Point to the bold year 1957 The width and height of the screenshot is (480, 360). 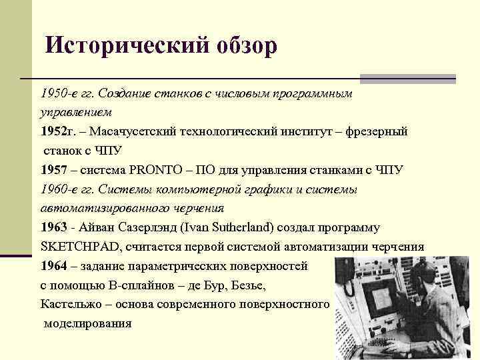pos(53,170)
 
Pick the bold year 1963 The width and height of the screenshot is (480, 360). pos(53,227)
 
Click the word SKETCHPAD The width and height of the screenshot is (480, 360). pos(79,247)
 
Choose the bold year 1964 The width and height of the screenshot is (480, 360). pos(53,266)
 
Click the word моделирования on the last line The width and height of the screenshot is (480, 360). pos(87,324)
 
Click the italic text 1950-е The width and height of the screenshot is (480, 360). pos(60,93)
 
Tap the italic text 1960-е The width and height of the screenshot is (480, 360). pos(60,189)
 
